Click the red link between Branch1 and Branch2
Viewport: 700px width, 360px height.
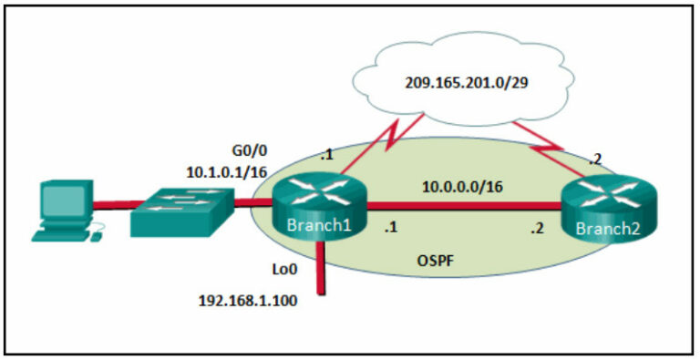tap(465, 207)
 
